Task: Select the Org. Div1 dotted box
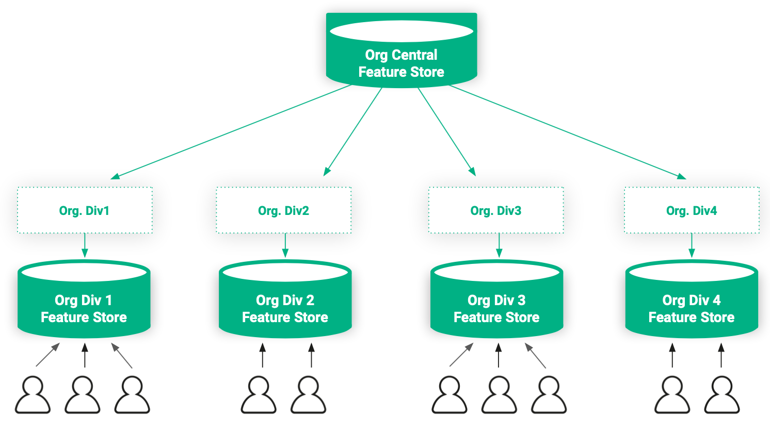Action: click(85, 210)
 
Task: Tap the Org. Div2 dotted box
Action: click(284, 210)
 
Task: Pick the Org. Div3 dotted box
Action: click(496, 210)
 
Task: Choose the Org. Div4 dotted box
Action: click(692, 210)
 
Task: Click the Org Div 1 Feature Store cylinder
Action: click(84, 308)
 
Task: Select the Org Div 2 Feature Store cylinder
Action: click(285, 308)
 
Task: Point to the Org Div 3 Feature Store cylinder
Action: click(496, 308)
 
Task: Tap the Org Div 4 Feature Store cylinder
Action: click(692, 308)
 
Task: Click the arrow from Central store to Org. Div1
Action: click(232, 131)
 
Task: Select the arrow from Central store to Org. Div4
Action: click(568, 132)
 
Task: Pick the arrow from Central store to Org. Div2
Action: click(354, 131)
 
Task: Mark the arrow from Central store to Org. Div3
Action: click(446, 131)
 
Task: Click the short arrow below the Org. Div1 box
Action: click(85, 245)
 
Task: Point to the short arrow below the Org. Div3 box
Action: click(499, 245)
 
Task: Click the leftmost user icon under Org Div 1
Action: click(33, 395)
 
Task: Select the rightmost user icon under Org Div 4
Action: click(722, 395)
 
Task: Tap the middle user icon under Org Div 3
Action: click(499, 395)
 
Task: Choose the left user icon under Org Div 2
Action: click(259, 395)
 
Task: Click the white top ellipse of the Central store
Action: click(402, 31)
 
